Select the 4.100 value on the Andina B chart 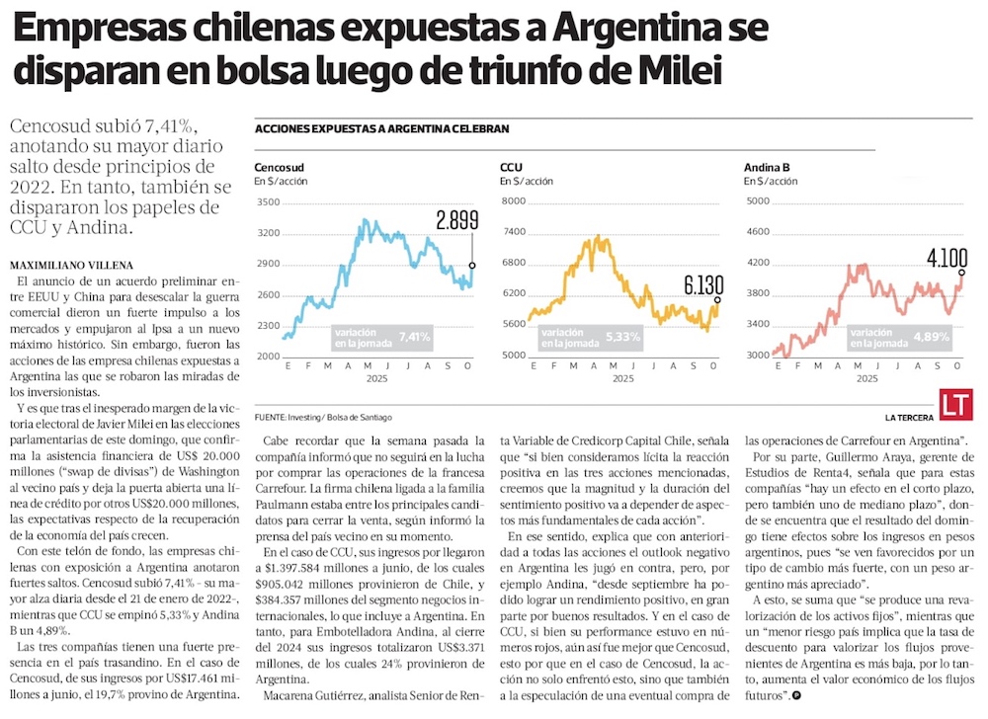pyautogui.click(x=947, y=259)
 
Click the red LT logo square pyautogui.click(x=955, y=404)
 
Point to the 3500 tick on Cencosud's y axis pyautogui.click(x=267, y=202)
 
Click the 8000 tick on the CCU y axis pyautogui.click(x=513, y=202)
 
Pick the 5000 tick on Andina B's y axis pyautogui.click(x=757, y=202)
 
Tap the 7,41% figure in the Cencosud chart pyautogui.click(x=415, y=338)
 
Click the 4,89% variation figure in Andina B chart pyautogui.click(x=930, y=337)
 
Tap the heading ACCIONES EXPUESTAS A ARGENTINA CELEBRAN pyautogui.click(x=381, y=128)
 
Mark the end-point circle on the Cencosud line pyautogui.click(x=472, y=266)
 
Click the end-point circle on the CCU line pyautogui.click(x=717, y=300)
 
